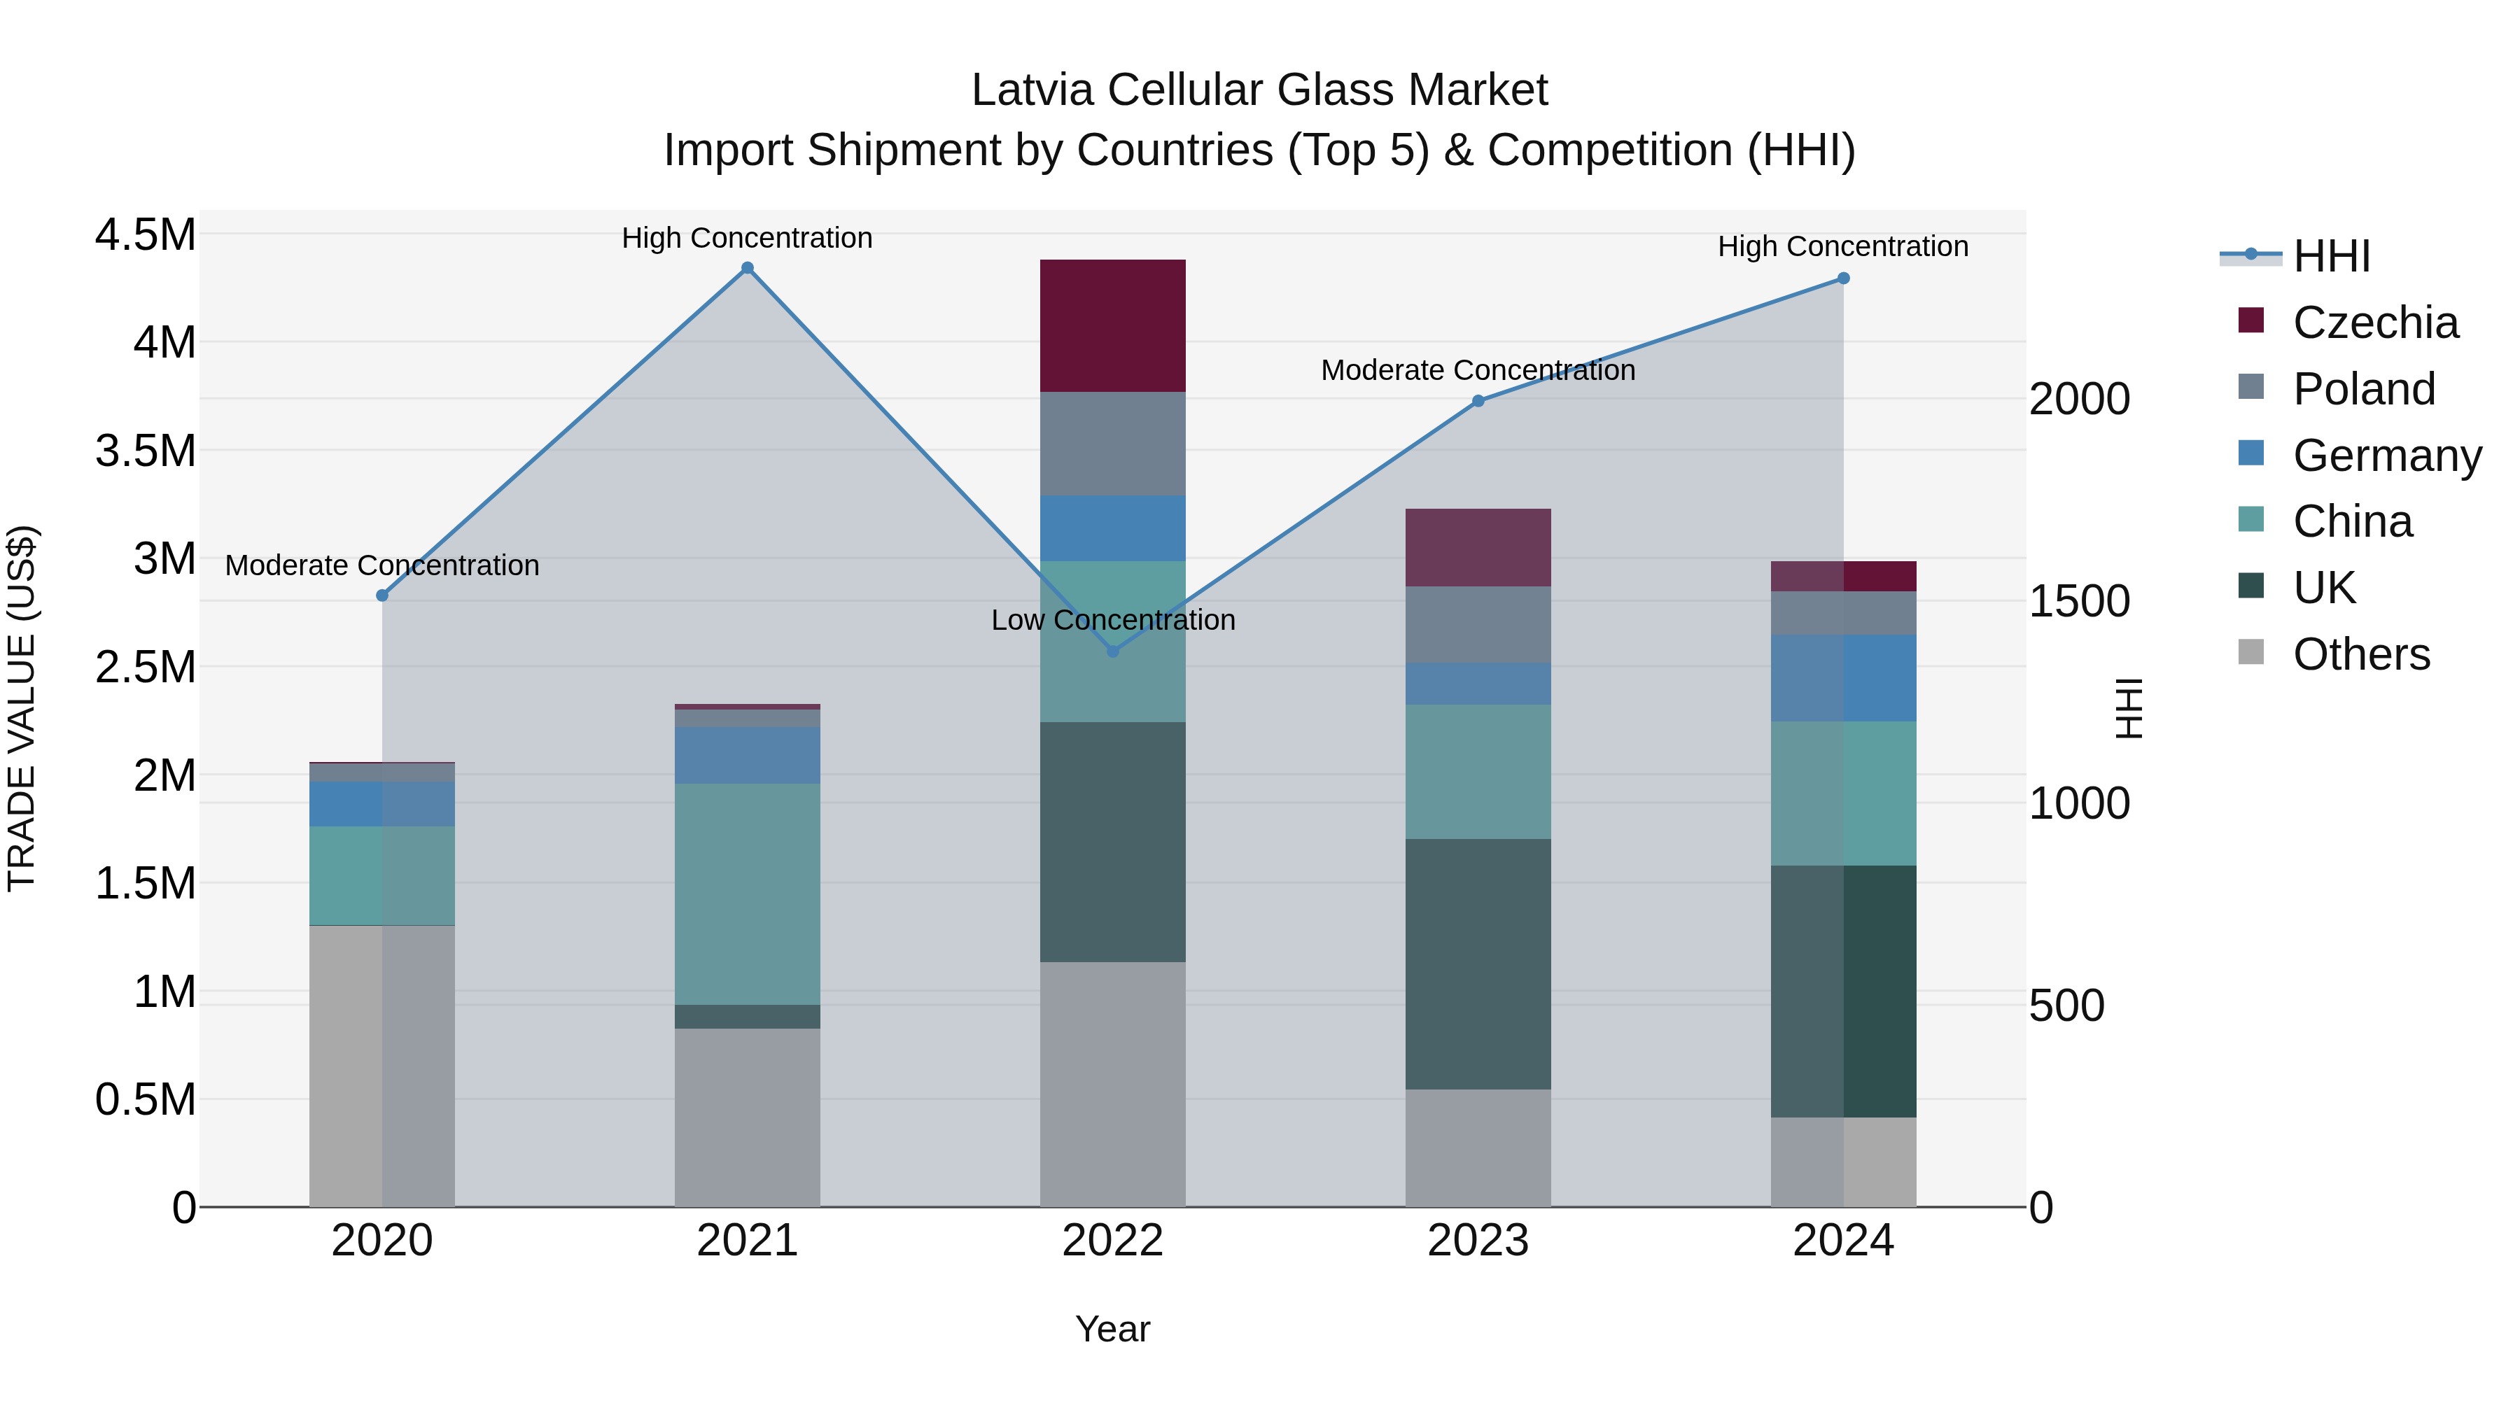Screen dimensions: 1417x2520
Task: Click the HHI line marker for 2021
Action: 748,268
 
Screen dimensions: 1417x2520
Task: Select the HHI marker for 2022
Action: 1112,651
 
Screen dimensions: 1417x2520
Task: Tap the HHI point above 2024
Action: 1843,279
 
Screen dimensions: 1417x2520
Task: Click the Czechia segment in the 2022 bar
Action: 1112,325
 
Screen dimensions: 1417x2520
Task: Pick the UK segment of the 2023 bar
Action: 1477,964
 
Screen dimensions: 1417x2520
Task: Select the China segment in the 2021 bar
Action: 748,894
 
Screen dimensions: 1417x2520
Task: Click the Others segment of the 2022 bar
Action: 1112,1083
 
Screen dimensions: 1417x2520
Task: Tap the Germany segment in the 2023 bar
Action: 1477,684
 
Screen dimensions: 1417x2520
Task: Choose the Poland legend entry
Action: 2362,389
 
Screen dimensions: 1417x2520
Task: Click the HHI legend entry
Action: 2330,256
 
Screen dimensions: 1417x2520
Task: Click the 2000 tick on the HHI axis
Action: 2079,399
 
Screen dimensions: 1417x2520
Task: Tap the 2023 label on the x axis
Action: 1477,1241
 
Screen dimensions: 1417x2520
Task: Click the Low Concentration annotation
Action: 1112,620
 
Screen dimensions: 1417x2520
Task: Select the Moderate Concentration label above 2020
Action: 381,565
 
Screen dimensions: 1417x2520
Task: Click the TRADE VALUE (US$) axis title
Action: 22,708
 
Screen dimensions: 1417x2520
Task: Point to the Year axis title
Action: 1112,1329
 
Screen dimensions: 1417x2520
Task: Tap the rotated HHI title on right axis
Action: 2129,708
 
